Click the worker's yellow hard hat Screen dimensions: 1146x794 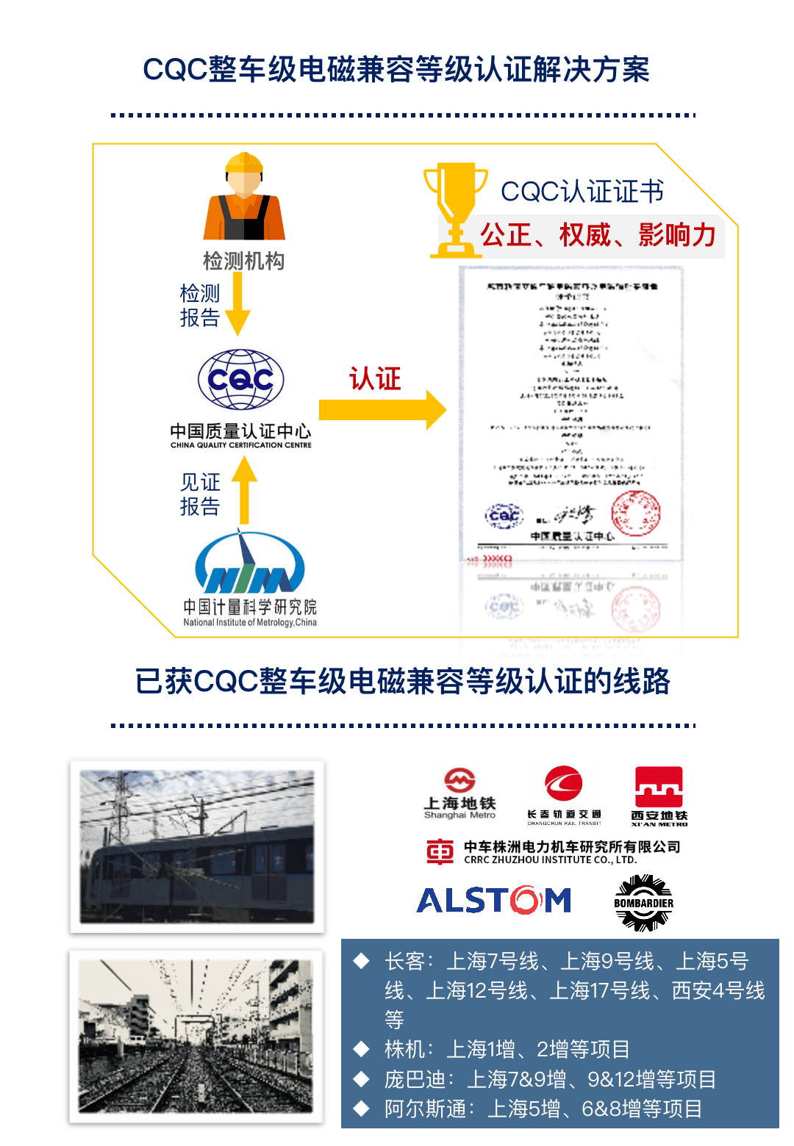coord(244,163)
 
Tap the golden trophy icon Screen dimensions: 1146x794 coord(455,210)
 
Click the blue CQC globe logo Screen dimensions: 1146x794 coord(240,379)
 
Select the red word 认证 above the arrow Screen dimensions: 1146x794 coord(375,379)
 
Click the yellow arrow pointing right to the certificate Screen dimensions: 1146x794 coord(382,410)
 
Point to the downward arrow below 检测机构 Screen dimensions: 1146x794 coord(237,304)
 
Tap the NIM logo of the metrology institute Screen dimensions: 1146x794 coord(250,566)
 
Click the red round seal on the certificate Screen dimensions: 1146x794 coord(636,513)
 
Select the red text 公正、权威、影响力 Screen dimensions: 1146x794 coord(598,236)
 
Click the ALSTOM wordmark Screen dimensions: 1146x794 coord(493,900)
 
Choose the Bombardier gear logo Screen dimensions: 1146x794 coord(643,903)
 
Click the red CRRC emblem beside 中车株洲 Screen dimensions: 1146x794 coord(440,851)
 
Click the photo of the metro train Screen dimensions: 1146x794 coord(197,846)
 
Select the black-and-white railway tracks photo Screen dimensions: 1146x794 coord(196,1036)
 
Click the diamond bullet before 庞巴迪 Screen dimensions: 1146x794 coord(361,1078)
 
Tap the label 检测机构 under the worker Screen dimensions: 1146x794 coord(243,261)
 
